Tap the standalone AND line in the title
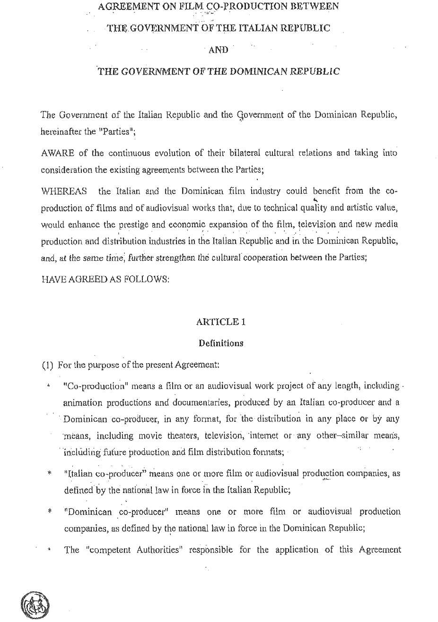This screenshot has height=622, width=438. pyautogui.click(x=218, y=50)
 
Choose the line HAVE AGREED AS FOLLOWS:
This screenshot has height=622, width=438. pyautogui.click(x=105, y=279)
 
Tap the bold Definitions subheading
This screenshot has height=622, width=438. pyautogui.click(x=221, y=343)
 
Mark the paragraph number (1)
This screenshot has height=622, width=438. pyautogui.click(x=47, y=365)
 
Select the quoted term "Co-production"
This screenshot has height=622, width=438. pyautogui.click(x=94, y=386)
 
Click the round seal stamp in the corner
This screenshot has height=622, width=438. pyautogui.click(x=35, y=605)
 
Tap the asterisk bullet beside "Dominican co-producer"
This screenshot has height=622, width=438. pyautogui.click(x=49, y=511)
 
